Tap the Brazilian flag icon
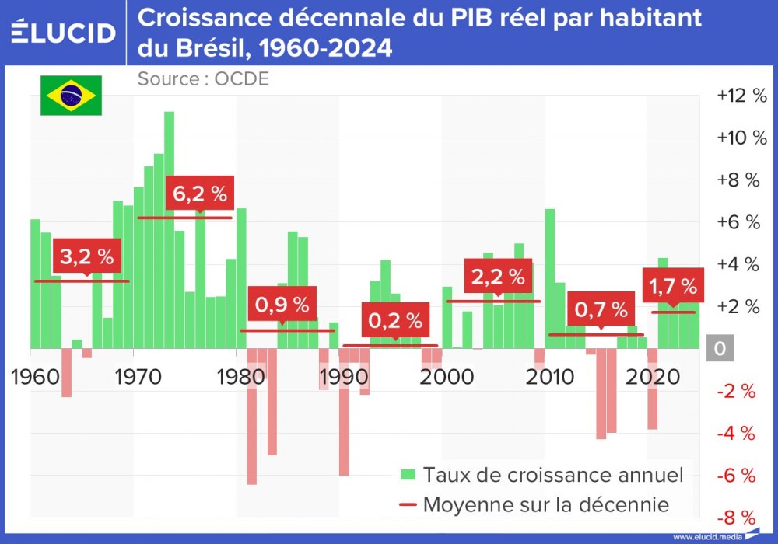[71, 96]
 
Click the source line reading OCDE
[203, 78]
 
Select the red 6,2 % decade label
[200, 194]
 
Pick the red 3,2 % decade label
[87, 256]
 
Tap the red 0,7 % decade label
[601, 309]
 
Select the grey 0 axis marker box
[720, 349]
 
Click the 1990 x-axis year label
[340, 377]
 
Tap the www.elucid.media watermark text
[708, 537]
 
